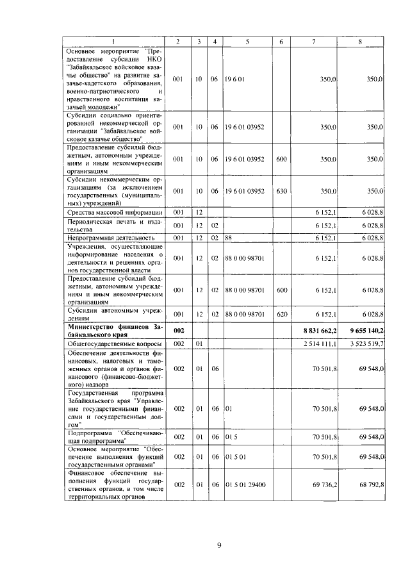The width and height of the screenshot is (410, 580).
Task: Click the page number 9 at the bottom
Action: [x=218, y=545]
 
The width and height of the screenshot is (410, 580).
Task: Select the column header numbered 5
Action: [x=247, y=42]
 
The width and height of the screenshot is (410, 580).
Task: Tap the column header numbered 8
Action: [x=359, y=42]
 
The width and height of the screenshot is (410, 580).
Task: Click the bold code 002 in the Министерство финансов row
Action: [x=178, y=329]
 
